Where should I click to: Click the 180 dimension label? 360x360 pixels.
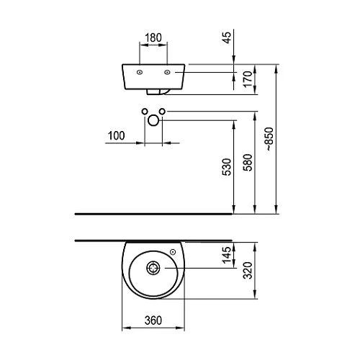click(153, 37)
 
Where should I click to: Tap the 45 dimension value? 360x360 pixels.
click(227, 37)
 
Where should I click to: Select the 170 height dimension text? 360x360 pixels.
click(248, 79)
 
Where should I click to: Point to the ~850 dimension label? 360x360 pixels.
click(269, 139)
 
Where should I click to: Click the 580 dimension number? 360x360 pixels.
click(248, 163)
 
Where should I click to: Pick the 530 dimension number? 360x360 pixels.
click(227, 167)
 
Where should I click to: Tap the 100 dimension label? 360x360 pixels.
click(117, 135)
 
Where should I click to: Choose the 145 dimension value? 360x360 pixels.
click(227, 255)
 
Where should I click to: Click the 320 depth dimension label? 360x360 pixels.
click(248, 271)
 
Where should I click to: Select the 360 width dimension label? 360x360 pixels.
click(153, 320)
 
